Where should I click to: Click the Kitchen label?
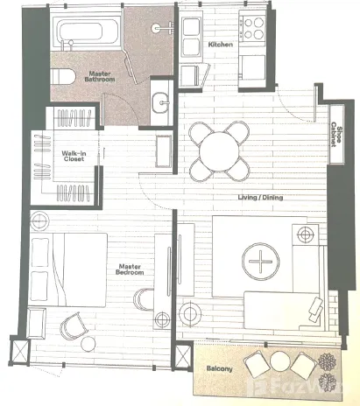tap(221, 45)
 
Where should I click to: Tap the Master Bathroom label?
tap(100, 76)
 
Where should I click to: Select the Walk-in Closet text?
tap(74, 156)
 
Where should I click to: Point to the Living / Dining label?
tap(260, 198)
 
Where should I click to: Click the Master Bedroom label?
tap(130, 269)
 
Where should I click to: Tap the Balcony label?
tap(220, 368)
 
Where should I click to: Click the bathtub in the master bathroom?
tap(87, 31)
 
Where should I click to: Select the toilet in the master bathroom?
tap(62, 76)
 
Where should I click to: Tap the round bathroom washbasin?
tap(160, 102)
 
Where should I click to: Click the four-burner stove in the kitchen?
tap(253, 28)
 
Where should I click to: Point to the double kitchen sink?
tap(191, 37)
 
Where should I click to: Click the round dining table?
tap(219, 151)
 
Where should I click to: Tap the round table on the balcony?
tap(280, 361)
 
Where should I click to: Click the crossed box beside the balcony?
tap(183, 357)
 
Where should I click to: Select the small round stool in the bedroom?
tap(88, 344)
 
